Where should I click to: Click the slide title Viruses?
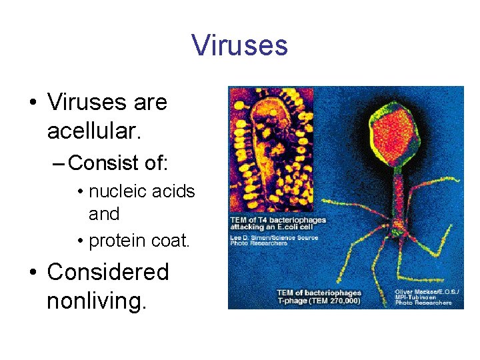239,45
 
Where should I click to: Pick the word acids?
175,192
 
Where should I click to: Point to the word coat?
172,241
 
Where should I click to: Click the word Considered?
108,272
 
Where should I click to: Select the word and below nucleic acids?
104,215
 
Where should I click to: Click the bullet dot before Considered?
32,273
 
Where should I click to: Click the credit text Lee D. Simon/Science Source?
274,237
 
